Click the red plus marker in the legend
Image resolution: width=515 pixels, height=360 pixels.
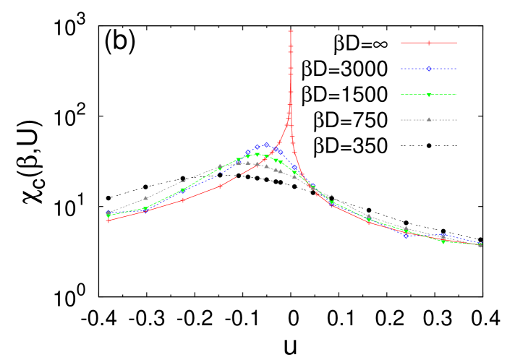(429, 43)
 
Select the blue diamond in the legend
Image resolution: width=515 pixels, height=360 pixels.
(429, 69)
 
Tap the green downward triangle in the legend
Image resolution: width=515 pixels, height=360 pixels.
(429, 95)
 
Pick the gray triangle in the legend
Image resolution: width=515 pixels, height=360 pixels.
(429, 119)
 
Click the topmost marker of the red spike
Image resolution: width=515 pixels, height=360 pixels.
(291, 31)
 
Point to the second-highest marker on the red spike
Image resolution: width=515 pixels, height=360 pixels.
(291, 47)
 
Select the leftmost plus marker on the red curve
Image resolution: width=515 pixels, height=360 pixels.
(108, 220)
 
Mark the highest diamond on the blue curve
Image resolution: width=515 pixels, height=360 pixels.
(267, 145)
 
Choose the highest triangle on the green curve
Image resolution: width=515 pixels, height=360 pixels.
(257, 155)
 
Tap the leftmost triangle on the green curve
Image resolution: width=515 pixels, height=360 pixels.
(108, 216)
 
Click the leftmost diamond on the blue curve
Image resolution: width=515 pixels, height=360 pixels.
(108, 213)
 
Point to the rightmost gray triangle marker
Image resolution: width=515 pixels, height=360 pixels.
(480, 245)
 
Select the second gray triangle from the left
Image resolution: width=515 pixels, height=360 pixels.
(145, 198)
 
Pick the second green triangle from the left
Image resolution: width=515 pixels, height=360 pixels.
(145, 209)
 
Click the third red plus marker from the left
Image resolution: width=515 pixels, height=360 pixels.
(183, 200)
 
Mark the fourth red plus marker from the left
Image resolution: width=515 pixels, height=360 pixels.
(220, 186)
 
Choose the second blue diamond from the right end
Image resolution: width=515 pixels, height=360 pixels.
(443, 237)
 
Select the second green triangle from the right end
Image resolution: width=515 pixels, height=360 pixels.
(443, 241)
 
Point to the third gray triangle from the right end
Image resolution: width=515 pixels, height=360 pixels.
(406, 228)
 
